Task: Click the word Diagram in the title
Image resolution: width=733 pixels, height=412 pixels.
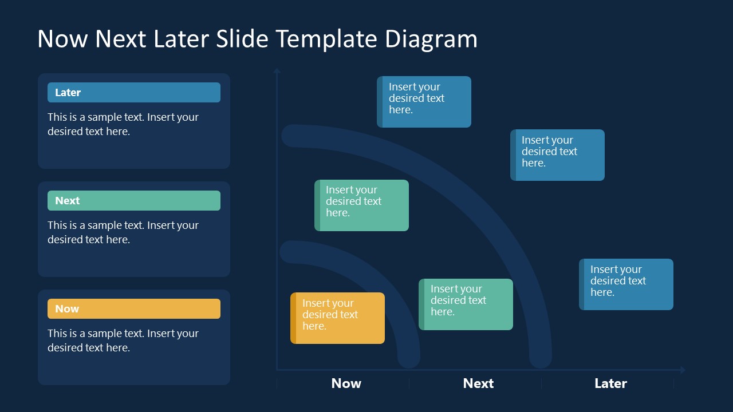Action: tap(431, 39)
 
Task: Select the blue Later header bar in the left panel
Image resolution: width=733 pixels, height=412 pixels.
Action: tap(134, 93)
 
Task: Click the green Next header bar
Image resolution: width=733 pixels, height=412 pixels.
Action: tap(134, 201)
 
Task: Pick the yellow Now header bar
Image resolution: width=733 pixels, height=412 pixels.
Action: tap(134, 309)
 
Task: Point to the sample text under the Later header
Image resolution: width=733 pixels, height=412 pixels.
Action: tap(123, 124)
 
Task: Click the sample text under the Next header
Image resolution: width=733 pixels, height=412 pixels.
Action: tap(123, 232)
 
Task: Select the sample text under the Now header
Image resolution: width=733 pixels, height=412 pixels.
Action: tap(123, 340)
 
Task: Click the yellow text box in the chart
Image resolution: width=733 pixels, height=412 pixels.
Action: tap(337, 318)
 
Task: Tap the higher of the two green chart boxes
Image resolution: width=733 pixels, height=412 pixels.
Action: tap(361, 205)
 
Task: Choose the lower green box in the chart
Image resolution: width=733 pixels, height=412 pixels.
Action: tap(466, 304)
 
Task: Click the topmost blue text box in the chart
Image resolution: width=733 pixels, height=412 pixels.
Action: tap(424, 102)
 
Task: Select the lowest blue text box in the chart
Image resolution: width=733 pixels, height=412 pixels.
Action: tap(626, 284)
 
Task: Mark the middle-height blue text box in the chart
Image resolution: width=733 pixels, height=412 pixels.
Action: tap(557, 155)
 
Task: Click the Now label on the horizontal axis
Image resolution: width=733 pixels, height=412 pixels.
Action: tap(346, 383)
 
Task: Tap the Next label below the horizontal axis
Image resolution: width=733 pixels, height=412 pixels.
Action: tap(478, 383)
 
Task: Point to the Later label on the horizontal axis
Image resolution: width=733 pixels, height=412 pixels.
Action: tap(610, 383)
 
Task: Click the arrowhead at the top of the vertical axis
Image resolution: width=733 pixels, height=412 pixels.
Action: tap(277, 71)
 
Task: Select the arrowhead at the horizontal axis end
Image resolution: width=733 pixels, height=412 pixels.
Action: tap(681, 370)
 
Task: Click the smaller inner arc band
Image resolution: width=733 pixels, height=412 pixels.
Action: tap(378, 286)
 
